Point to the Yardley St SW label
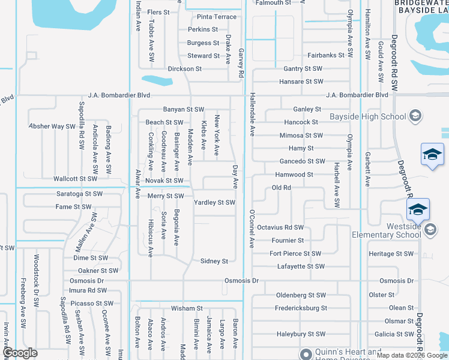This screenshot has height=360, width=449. click(214, 203)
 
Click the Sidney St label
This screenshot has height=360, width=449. click(214, 262)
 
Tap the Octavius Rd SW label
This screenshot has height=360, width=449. click(280, 227)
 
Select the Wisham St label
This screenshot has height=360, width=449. click(187, 308)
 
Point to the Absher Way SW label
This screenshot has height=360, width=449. click(52, 127)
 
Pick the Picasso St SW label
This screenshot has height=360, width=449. click(88, 304)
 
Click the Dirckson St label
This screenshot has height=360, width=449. click(185, 69)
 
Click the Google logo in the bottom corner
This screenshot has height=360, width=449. click(20, 353)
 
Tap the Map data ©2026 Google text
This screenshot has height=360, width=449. click(411, 355)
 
